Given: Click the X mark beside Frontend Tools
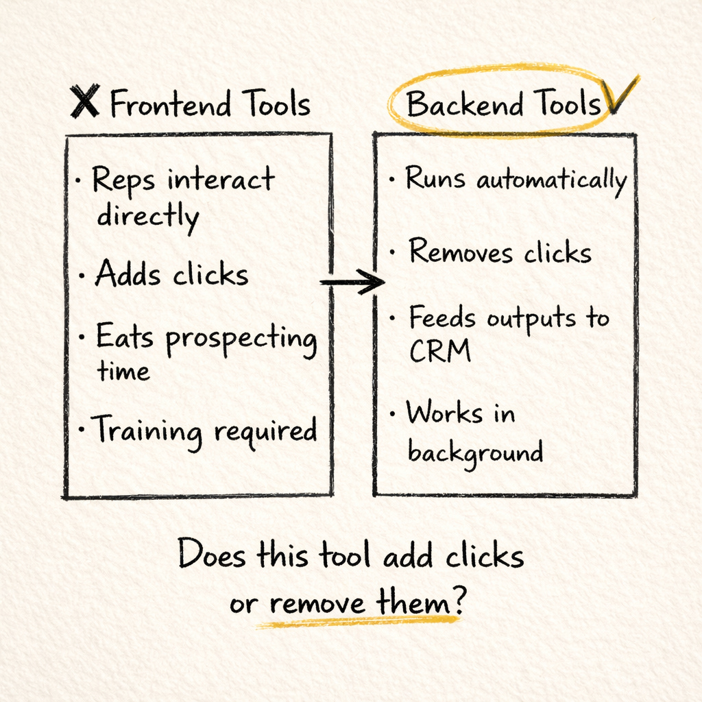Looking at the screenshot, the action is point(85,101).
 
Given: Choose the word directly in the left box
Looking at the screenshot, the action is point(147,217).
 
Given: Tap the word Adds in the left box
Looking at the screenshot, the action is point(128,275).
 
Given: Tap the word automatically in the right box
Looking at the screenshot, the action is point(551,182).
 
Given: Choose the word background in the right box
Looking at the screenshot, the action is point(475,452).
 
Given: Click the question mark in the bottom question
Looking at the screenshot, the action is point(457,604).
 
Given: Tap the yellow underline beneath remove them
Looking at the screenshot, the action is point(356,621).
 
